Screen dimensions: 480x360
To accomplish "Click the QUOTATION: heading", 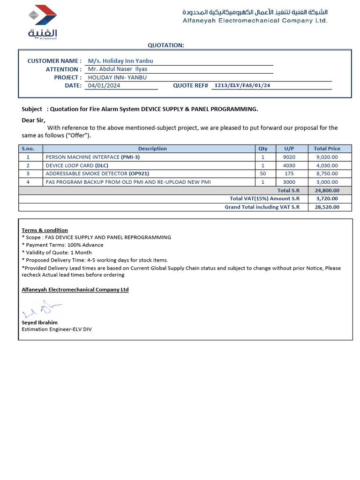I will (166, 45).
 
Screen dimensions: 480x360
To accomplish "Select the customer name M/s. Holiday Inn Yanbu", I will (120, 61).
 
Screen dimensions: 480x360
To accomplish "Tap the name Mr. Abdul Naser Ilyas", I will (118, 69).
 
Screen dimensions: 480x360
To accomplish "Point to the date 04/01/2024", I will (101, 85).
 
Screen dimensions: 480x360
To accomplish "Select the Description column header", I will (152, 149).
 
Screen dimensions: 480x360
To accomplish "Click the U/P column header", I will (289, 149).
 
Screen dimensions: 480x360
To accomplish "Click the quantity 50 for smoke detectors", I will (262, 173).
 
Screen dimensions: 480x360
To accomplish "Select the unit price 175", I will (289, 173).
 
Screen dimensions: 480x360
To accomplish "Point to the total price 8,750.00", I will (327, 173).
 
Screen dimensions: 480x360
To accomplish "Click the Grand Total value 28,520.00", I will (327, 207).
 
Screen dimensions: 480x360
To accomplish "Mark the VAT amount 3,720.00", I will (327, 199).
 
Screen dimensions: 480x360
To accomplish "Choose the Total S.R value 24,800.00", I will (327, 190).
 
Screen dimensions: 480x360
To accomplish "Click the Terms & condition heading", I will (45, 230).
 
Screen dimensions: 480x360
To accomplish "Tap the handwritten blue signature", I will (42, 309).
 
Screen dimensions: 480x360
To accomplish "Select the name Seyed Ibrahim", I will (40, 322).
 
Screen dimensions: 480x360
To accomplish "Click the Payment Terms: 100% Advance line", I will (62, 245).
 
